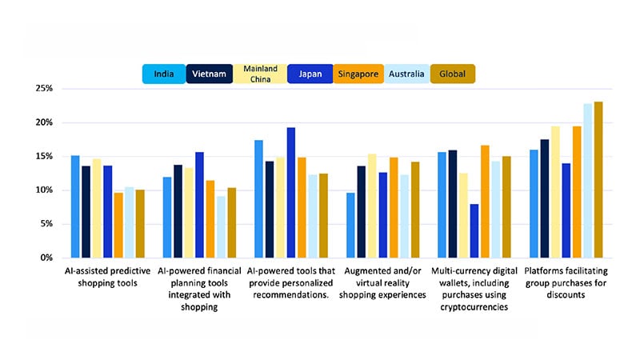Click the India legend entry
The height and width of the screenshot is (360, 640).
(166, 74)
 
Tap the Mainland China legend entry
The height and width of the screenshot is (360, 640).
(260, 74)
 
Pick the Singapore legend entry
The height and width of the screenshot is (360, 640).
(357, 74)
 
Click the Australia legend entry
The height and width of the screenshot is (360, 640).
(406, 74)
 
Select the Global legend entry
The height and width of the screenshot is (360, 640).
(453, 74)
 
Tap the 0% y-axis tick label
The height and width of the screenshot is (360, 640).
(45, 258)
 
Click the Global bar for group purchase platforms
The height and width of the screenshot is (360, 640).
(598, 180)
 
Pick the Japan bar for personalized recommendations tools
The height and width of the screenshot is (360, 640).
(291, 193)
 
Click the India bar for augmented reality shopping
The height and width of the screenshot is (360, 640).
(350, 225)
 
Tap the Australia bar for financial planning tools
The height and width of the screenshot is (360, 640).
(221, 226)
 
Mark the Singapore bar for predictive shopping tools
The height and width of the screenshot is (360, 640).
(118, 225)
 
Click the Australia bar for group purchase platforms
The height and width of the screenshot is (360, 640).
(587, 181)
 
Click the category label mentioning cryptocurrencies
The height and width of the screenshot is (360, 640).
(474, 289)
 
